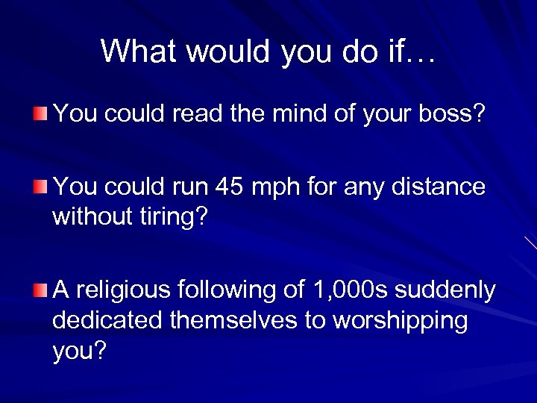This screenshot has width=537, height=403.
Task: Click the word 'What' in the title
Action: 139,51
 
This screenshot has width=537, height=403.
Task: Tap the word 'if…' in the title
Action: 416,51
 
